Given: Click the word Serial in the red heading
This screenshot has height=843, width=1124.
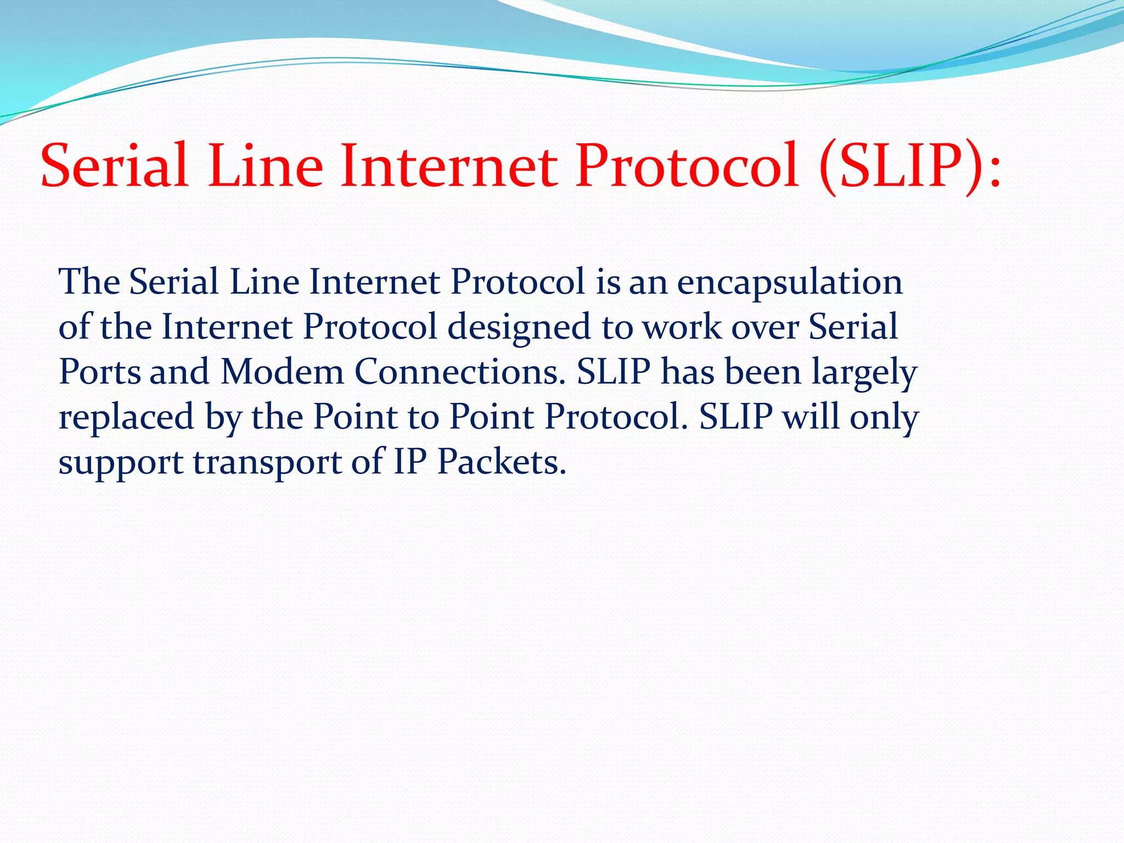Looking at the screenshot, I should pos(114,166).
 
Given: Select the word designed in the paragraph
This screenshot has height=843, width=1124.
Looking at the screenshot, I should pos(519,328).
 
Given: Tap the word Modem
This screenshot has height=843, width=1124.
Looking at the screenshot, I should pos(282,372).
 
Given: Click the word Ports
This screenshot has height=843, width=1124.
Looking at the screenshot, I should pos(99,372).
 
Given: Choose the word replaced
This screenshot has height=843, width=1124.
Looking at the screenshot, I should pos(126,417).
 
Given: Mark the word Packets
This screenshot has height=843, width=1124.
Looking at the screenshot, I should pos(501,462).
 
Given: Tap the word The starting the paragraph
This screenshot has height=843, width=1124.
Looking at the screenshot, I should pos(89,283).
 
